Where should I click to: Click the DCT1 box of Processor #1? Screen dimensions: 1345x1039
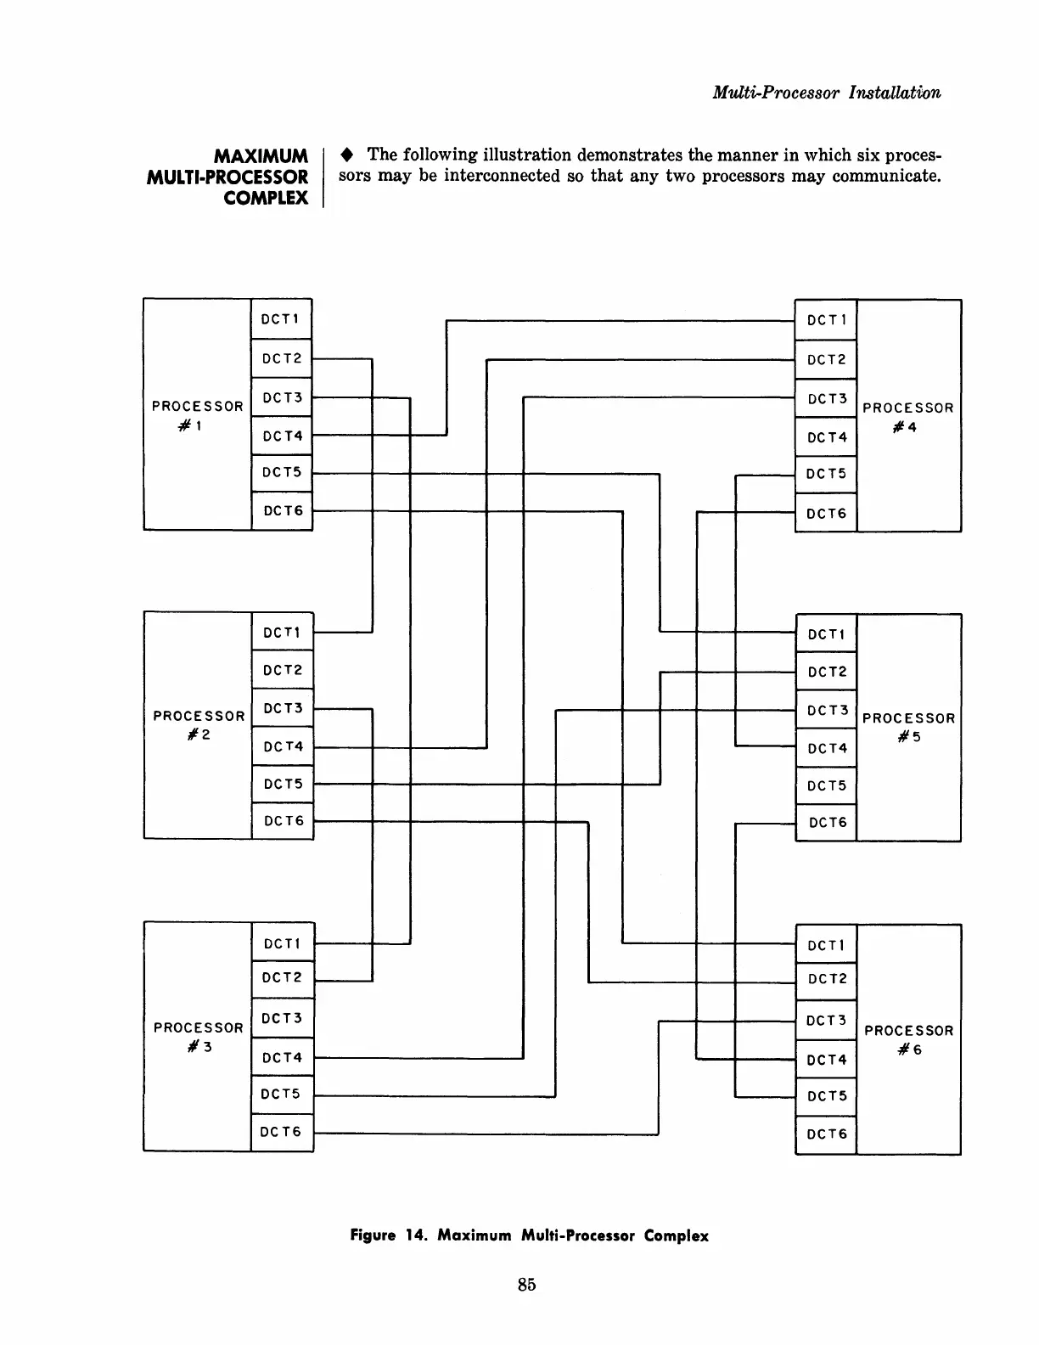(282, 319)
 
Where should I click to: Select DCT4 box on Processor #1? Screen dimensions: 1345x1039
(282, 436)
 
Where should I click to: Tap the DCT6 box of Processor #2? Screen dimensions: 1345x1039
(283, 821)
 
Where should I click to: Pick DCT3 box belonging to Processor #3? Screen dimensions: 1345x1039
(283, 1018)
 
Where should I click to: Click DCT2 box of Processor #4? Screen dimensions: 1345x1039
(826, 359)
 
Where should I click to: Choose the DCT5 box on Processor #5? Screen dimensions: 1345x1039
(826, 785)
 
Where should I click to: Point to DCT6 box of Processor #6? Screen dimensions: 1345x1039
(826, 1134)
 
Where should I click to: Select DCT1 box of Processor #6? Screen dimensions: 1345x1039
(826, 945)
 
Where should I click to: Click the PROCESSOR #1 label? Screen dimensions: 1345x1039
(198, 414)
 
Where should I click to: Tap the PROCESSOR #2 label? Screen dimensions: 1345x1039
(199, 724)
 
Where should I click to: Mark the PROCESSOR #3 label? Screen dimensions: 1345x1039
(199, 1036)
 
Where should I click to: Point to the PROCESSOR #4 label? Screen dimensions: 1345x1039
(908, 417)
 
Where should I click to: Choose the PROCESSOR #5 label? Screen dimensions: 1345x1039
(908, 727)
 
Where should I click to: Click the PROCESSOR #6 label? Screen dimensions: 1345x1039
(908, 1039)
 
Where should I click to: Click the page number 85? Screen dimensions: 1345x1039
(526, 1285)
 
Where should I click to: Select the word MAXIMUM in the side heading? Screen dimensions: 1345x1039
(261, 156)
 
